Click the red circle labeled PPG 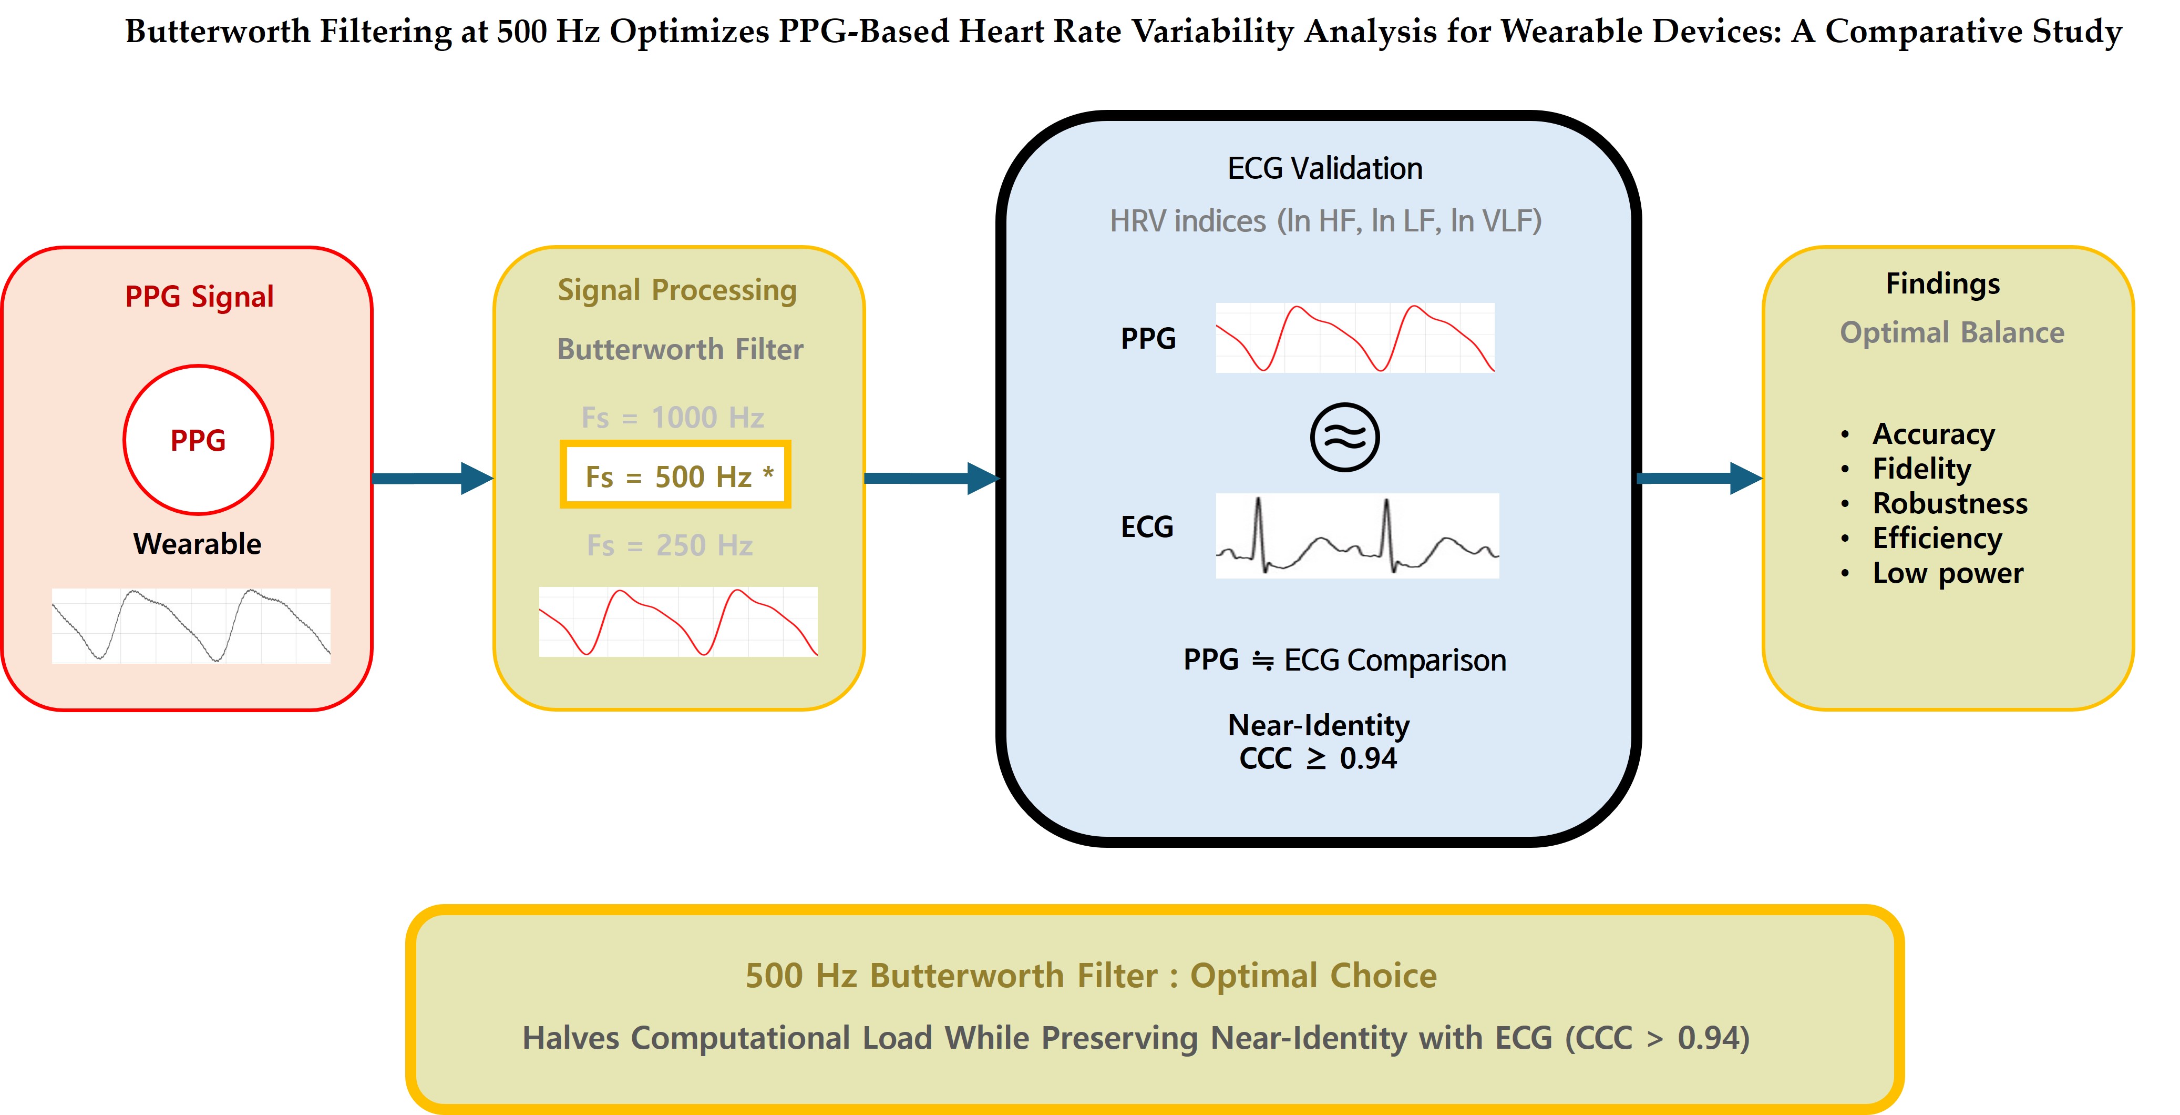198,439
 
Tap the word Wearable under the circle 197,543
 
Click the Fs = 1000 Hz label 673,418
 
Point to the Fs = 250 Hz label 670,545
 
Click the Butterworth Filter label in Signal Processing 680,349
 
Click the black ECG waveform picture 1356,536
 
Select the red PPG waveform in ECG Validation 1355,338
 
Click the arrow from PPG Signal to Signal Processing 431,478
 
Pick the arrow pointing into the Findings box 1699,478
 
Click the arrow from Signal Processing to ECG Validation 931,478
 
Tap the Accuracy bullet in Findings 1933,433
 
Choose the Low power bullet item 1947,573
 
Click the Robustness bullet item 1950,504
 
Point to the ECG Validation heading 1324,168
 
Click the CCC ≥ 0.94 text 1318,758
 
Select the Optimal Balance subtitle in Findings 1951,333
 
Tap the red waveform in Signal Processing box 678,622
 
